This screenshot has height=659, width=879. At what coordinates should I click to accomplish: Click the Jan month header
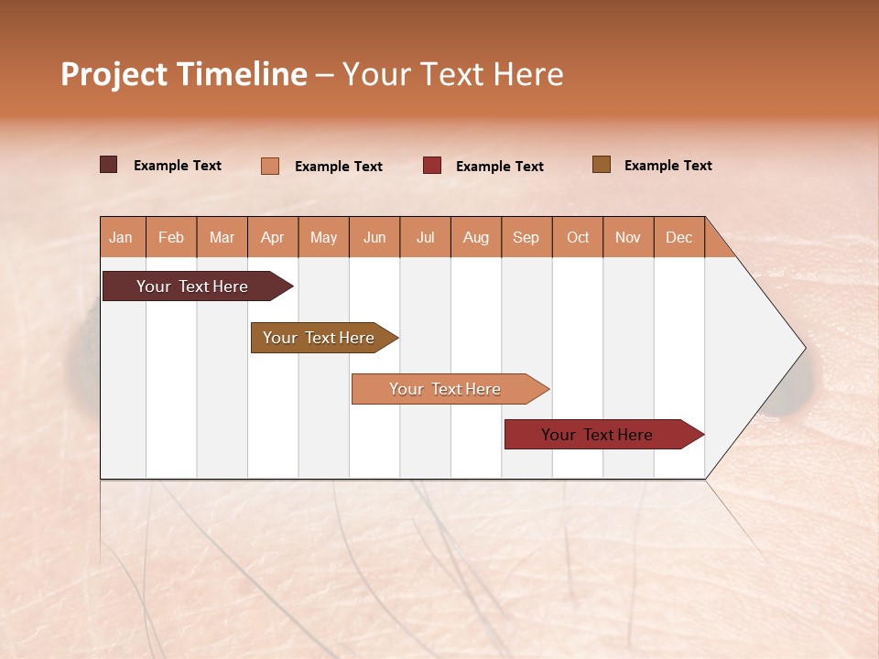[121, 237]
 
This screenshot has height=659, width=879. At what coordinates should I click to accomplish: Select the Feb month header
[171, 237]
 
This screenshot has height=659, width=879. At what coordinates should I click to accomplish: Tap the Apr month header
[272, 237]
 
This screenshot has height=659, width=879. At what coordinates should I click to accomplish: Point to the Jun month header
[374, 237]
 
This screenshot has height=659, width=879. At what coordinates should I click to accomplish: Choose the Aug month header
[475, 237]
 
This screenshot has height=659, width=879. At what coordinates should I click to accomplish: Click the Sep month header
[526, 237]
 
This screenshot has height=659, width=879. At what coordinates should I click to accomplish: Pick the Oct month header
[578, 237]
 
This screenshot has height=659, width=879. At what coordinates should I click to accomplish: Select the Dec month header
[678, 237]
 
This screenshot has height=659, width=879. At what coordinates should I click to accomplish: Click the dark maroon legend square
[108, 165]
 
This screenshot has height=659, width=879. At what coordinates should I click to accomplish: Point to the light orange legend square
[270, 166]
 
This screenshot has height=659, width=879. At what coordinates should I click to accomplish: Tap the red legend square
[432, 166]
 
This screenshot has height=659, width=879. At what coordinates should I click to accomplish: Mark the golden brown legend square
[601, 165]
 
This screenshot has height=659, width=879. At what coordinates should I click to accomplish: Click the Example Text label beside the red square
[499, 167]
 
